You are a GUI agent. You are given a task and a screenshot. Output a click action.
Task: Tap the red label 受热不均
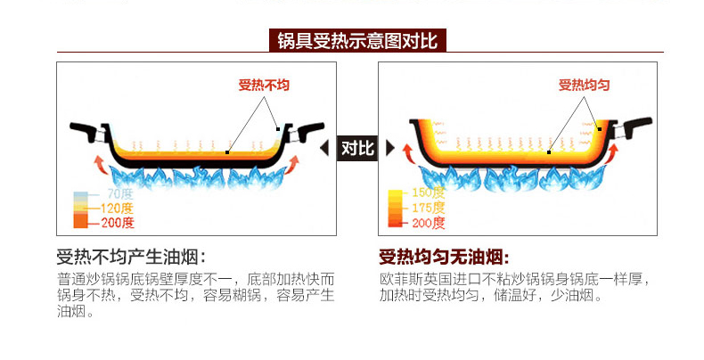click(x=264, y=86)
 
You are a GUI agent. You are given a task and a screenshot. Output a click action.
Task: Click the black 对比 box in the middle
click(x=357, y=148)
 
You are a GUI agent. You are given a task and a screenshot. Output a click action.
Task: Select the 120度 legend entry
click(x=119, y=209)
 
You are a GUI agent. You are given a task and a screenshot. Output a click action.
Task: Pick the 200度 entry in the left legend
click(x=119, y=223)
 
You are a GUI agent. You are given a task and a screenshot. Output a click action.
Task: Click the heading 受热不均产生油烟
click(x=131, y=257)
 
